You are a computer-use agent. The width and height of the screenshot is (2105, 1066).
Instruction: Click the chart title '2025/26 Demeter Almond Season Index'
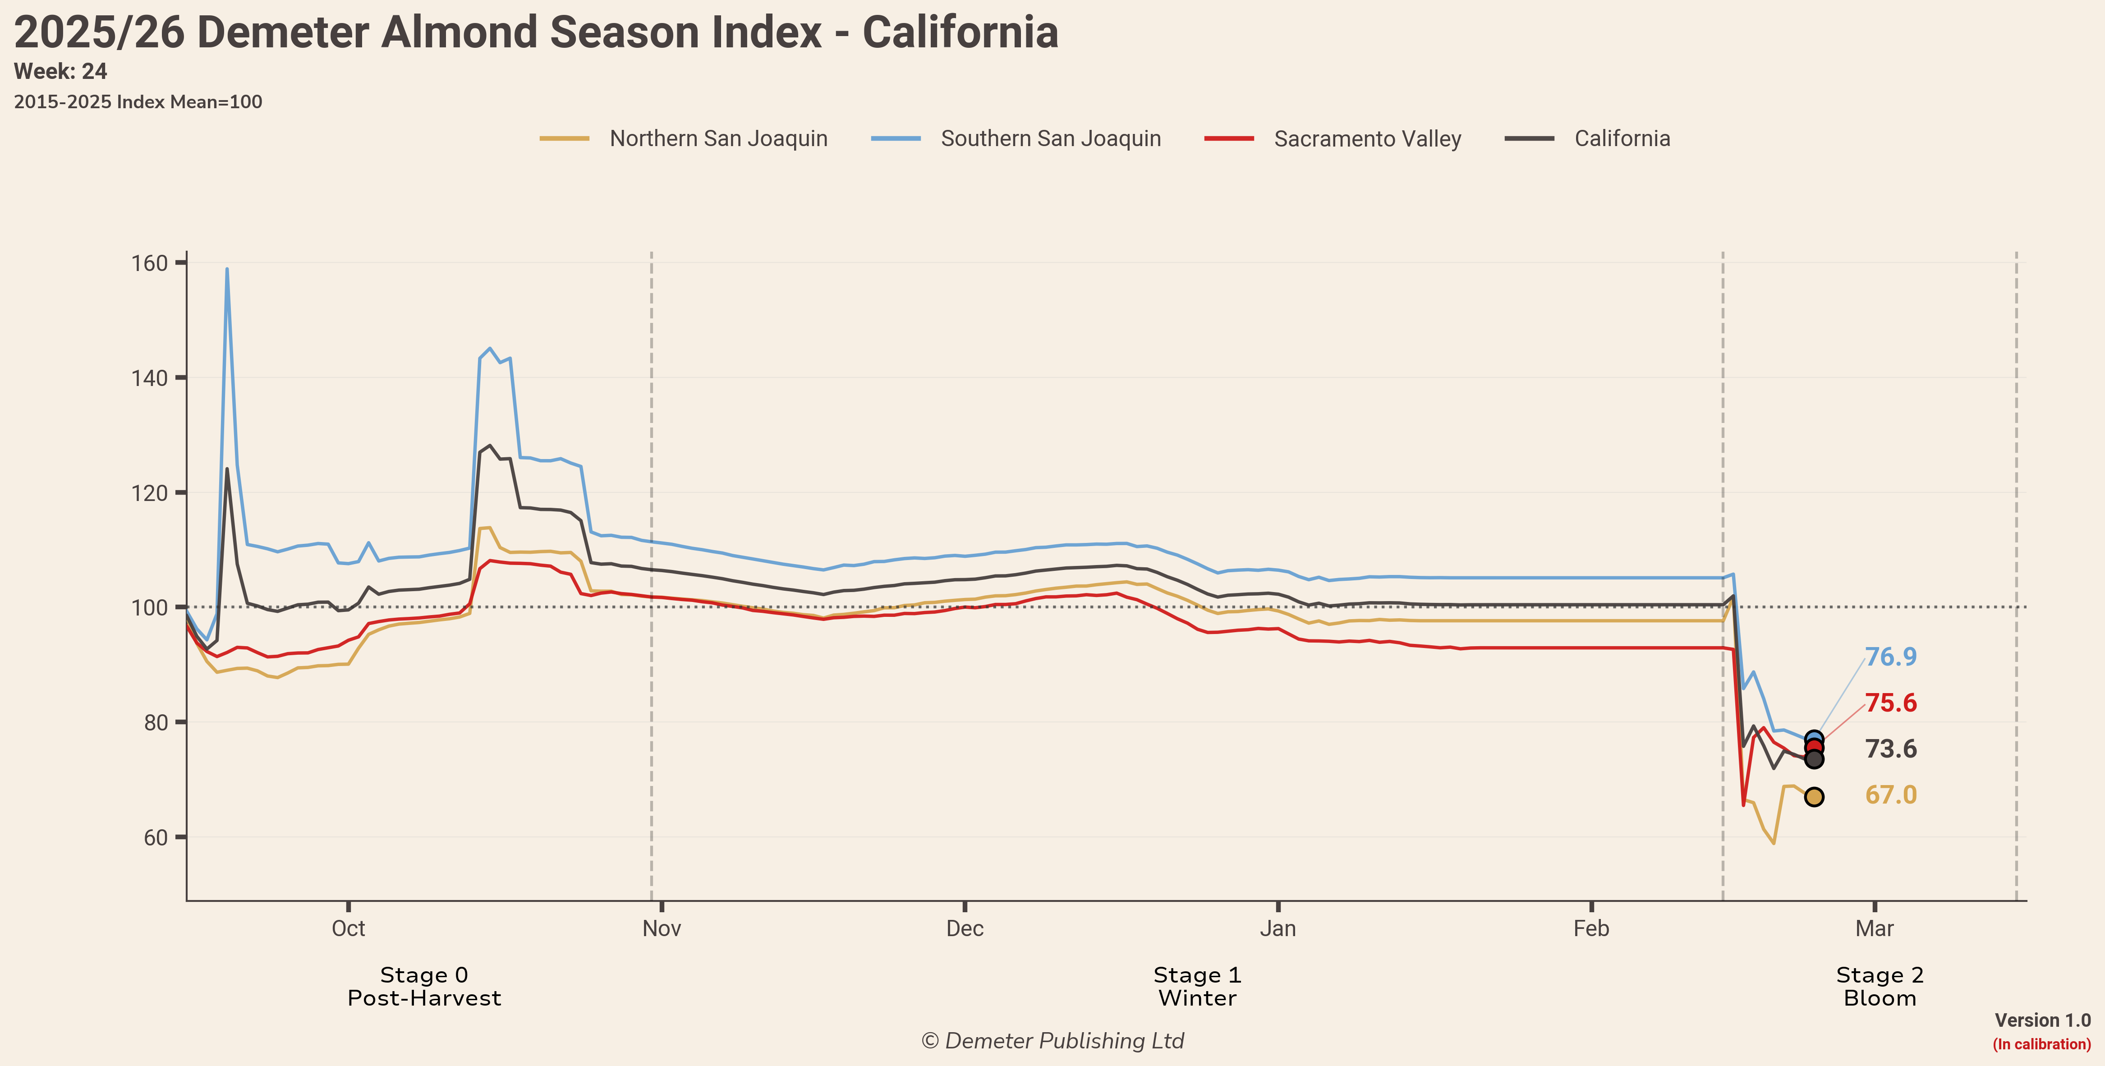(x=535, y=32)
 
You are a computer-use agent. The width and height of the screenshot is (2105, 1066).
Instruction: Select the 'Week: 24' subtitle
(x=60, y=72)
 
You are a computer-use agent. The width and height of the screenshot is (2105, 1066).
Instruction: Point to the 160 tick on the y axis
(x=150, y=263)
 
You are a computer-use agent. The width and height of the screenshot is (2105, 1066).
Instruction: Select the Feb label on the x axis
(x=1591, y=929)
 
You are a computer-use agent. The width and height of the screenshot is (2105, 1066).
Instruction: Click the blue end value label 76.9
(x=1890, y=657)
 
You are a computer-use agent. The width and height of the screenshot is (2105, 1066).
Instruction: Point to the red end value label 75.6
(x=1890, y=703)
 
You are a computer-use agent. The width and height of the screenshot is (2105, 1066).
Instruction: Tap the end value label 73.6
(x=1890, y=749)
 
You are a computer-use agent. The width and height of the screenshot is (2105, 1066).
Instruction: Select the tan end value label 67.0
(x=1890, y=795)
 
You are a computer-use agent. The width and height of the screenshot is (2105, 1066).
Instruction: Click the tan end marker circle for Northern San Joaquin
(x=1813, y=796)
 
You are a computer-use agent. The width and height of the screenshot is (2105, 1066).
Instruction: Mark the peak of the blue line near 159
(x=227, y=270)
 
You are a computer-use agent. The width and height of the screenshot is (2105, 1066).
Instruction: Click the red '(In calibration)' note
(x=2041, y=1044)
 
